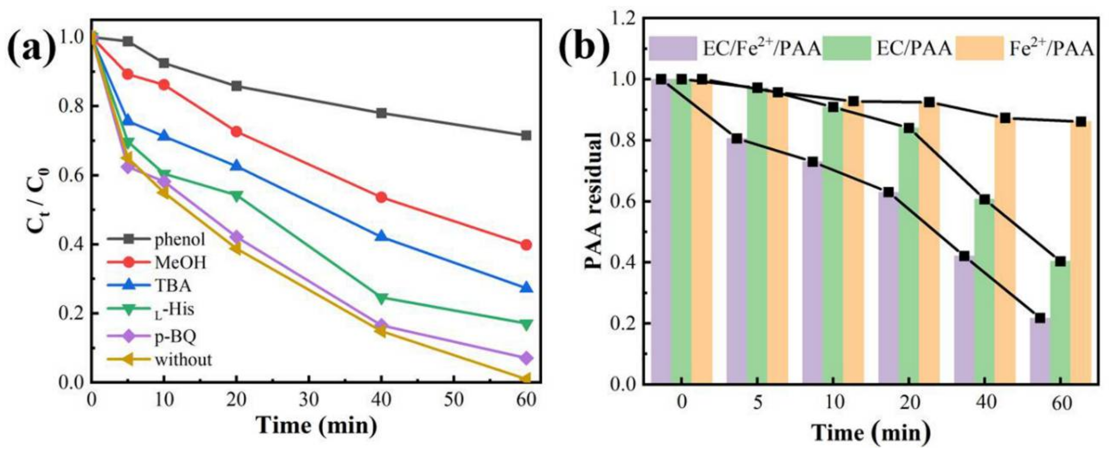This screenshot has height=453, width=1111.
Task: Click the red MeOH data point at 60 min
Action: tap(526, 245)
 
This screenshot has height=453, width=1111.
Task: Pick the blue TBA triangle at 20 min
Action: tap(236, 166)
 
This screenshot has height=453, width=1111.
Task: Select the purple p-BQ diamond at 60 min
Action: tap(526, 358)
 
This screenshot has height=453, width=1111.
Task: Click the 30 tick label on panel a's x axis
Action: tap(309, 400)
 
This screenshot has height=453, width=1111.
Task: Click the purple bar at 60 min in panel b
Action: tap(1039, 350)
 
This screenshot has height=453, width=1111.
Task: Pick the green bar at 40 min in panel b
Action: tap(984, 291)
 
